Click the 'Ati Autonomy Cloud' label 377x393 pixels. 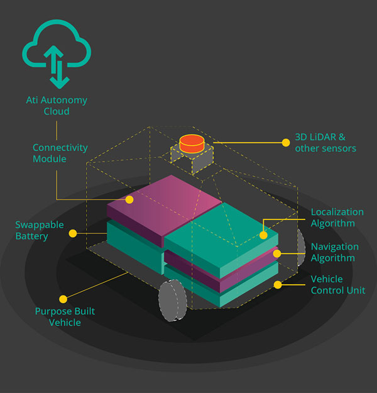pyautogui.click(x=57, y=106)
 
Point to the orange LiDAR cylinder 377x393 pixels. pyautogui.click(x=192, y=143)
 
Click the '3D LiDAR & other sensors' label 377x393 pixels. pyautogui.click(x=325, y=143)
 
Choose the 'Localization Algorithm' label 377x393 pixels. pyautogui.click(x=337, y=218)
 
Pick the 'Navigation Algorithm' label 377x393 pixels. pyautogui.click(x=335, y=252)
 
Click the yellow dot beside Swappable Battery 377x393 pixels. pyautogui.click(x=73, y=233)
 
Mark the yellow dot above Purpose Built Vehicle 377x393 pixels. pyautogui.click(x=63, y=299)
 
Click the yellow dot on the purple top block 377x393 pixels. pyautogui.click(x=129, y=200)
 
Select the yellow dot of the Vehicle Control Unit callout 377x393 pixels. pyautogui.click(x=277, y=284)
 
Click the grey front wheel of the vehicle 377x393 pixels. pyautogui.click(x=172, y=301)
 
